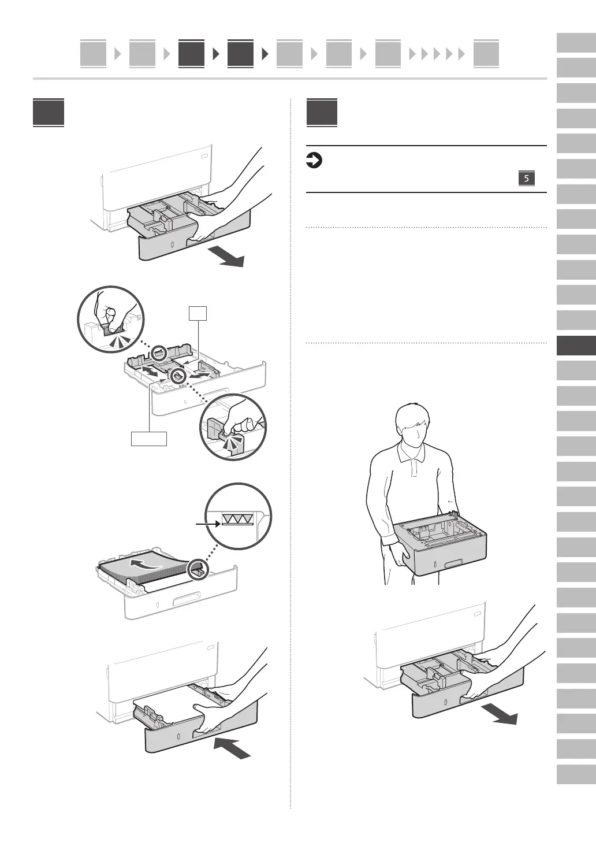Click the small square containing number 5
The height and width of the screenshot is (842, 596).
click(526, 179)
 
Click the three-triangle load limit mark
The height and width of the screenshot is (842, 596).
click(237, 520)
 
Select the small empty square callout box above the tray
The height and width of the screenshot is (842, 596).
click(198, 313)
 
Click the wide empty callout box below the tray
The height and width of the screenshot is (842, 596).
click(149, 439)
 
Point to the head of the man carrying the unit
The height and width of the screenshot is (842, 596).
click(412, 425)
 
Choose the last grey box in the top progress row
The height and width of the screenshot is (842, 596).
click(486, 54)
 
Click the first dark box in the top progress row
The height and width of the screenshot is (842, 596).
click(191, 54)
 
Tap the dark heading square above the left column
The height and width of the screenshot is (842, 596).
click(49, 113)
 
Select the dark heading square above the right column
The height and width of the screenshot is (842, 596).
click(322, 113)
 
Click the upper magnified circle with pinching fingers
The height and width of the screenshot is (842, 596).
click(111, 318)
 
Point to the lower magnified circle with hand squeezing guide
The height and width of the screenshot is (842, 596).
click(234, 427)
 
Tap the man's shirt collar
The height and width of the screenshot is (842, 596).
click(411, 453)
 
